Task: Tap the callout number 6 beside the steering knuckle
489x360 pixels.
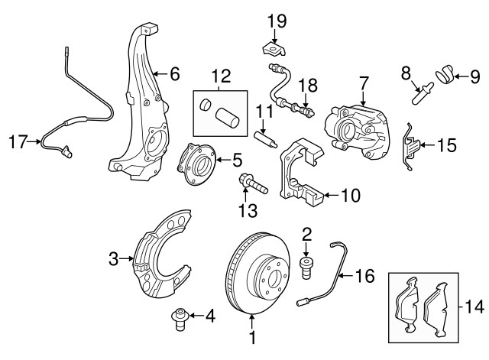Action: pos(174,74)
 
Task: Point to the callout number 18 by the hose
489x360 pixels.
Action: pos(306,85)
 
